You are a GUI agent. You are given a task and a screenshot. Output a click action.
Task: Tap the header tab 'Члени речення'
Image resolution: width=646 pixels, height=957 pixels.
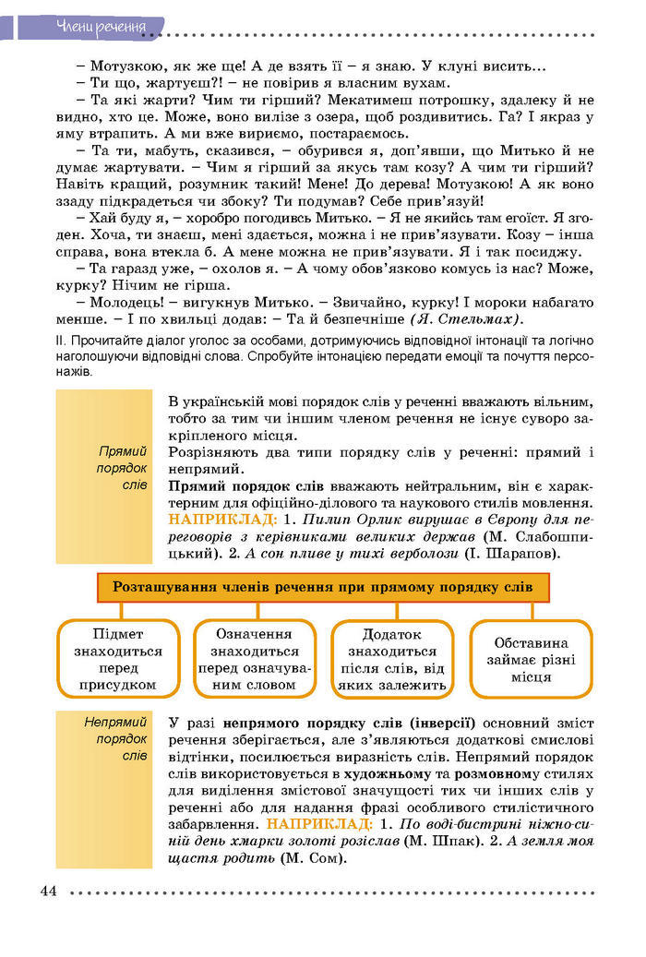(x=101, y=25)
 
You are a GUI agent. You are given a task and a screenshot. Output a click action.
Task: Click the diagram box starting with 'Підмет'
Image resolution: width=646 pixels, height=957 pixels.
(x=117, y=659)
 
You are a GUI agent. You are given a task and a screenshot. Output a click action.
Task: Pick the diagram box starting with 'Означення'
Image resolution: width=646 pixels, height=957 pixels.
(x=254, y=659)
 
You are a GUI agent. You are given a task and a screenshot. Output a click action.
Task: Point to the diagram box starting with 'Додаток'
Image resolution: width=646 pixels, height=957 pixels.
(x=391, y=659)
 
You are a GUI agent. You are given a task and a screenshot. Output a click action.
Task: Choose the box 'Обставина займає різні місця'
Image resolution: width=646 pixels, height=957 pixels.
(x=531, y=659)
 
